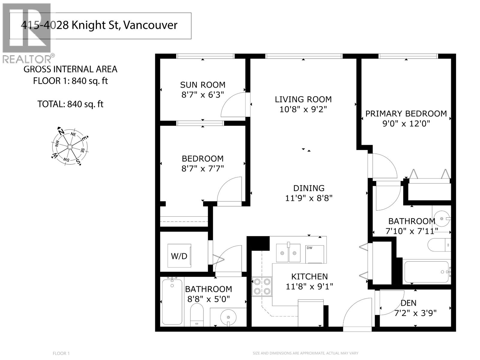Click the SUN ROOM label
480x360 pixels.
[202, 85]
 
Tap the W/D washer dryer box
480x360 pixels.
[179, 256]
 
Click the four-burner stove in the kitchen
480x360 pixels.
[262, 286]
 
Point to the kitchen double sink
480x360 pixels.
[288, 253]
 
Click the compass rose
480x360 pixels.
[70, 147]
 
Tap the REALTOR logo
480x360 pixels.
[27, 33]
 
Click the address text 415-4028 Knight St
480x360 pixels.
[99, 25]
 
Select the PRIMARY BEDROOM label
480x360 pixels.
[406, 114]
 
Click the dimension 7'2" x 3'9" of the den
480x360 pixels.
[415, 313]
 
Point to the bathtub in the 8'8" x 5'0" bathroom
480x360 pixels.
[172, 301]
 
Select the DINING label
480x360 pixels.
[309, 188]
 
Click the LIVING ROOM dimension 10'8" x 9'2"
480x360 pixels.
[303, 109]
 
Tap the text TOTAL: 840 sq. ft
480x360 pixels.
[70, 104]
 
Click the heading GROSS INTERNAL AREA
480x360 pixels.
[70, 69]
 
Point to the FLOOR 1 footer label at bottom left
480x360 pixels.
[61, 353]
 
